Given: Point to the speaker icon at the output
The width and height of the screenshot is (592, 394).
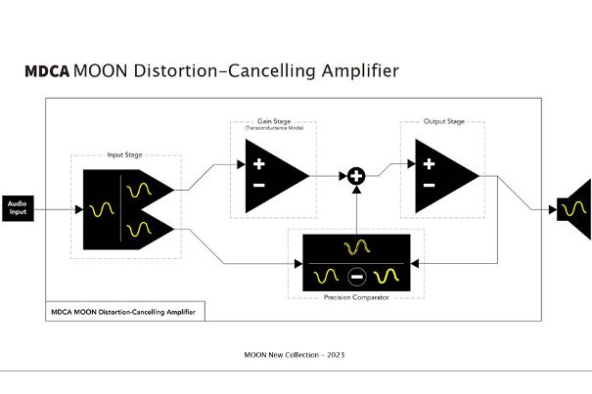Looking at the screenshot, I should coord(575,208).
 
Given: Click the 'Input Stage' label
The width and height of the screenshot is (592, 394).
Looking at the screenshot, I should coord(124,155).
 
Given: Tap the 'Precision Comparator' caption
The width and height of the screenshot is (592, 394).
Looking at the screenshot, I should coord(355,297).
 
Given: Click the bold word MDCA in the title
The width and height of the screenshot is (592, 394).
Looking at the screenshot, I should coord(47,72).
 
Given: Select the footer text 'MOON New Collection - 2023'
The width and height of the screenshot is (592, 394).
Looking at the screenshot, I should coord(294,354).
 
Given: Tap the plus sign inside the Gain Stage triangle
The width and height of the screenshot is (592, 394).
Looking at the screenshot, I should coord(258,165).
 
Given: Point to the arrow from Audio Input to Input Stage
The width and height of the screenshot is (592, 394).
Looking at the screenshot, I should coord(59,208).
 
